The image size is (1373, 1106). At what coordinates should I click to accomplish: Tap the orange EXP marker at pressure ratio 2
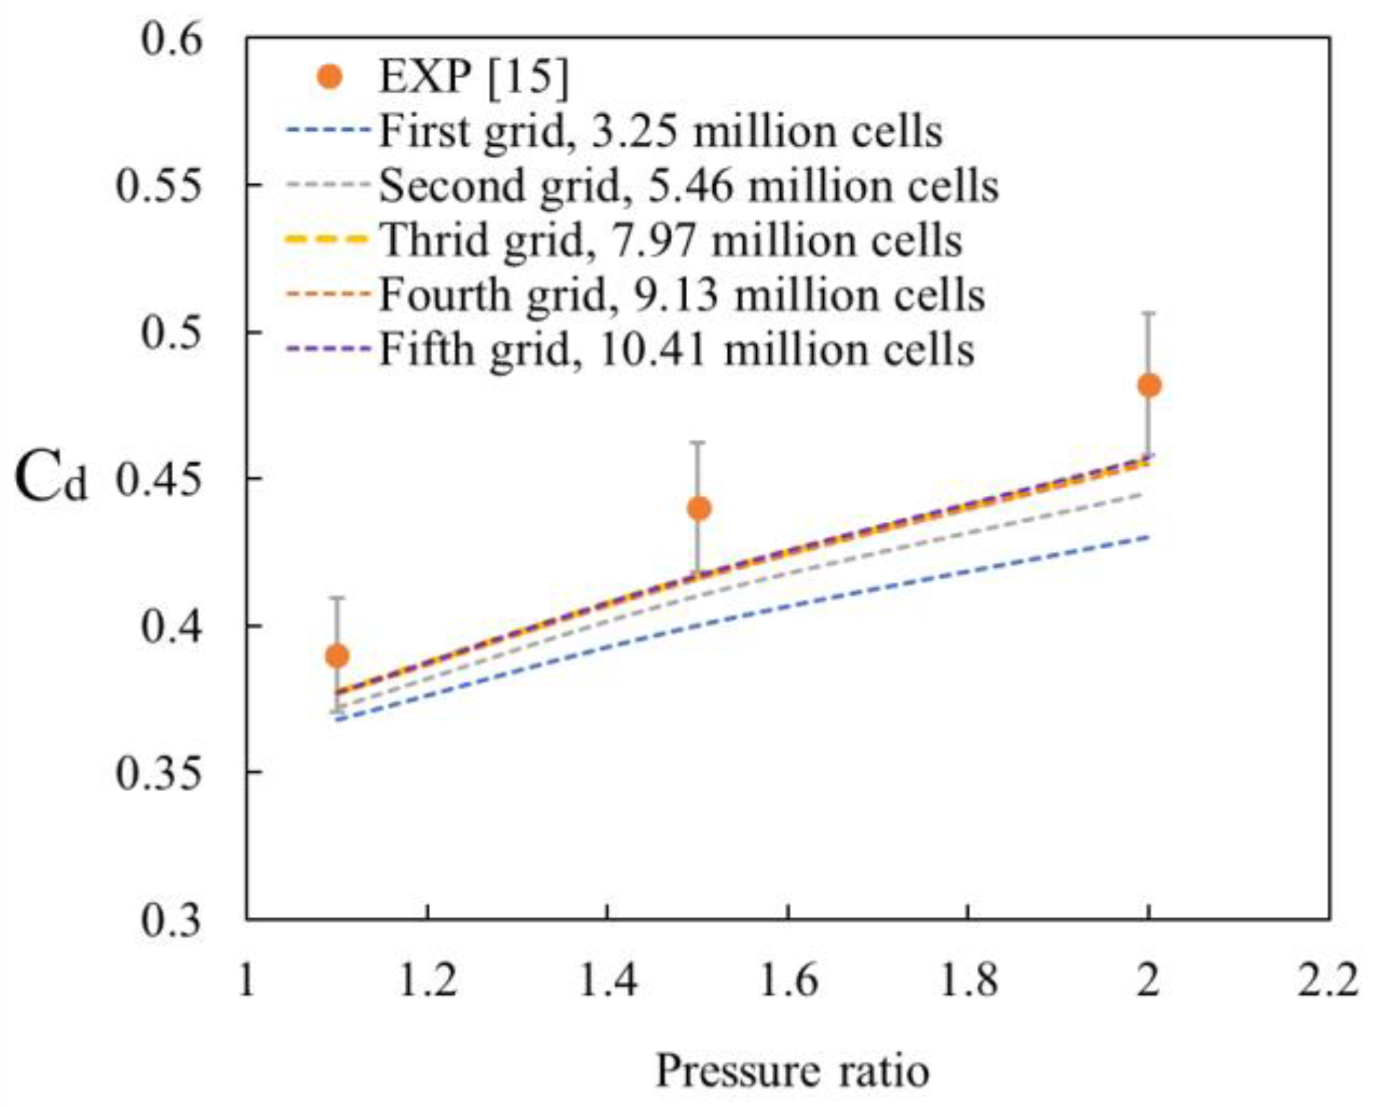click(x=1149, y=385)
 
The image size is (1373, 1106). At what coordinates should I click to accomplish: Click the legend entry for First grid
click(x=660, y=132)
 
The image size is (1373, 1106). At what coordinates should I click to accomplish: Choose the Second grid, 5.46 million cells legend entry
click(x=688, y=186)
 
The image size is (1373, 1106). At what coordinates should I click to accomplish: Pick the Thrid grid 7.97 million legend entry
click(x=670, y=240)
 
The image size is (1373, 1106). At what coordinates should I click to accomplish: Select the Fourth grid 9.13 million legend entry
click(x=681, y=295)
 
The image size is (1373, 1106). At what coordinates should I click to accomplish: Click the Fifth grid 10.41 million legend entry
click(x=676, y=350)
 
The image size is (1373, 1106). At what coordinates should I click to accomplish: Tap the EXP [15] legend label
click(x=473, y=76)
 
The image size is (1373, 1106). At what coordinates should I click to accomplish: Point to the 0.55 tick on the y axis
click(x=157, y=185)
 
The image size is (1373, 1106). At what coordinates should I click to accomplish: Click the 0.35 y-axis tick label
click(x=157, y=773)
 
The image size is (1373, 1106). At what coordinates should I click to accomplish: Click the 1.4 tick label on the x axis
click(x=608, y=980)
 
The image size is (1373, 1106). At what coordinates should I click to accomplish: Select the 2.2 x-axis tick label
click(x=1328, y=980)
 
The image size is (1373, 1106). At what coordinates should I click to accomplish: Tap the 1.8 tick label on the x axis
click(x=968, y=980)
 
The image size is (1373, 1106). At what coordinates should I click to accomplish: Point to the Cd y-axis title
click(x=50, y=480)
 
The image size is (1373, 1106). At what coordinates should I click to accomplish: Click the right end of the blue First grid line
click(x=1149, y=537)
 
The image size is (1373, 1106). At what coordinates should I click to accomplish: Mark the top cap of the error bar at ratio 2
click(x=1149, y=313)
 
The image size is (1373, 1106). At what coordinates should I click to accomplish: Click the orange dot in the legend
click(x=330, y=76)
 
